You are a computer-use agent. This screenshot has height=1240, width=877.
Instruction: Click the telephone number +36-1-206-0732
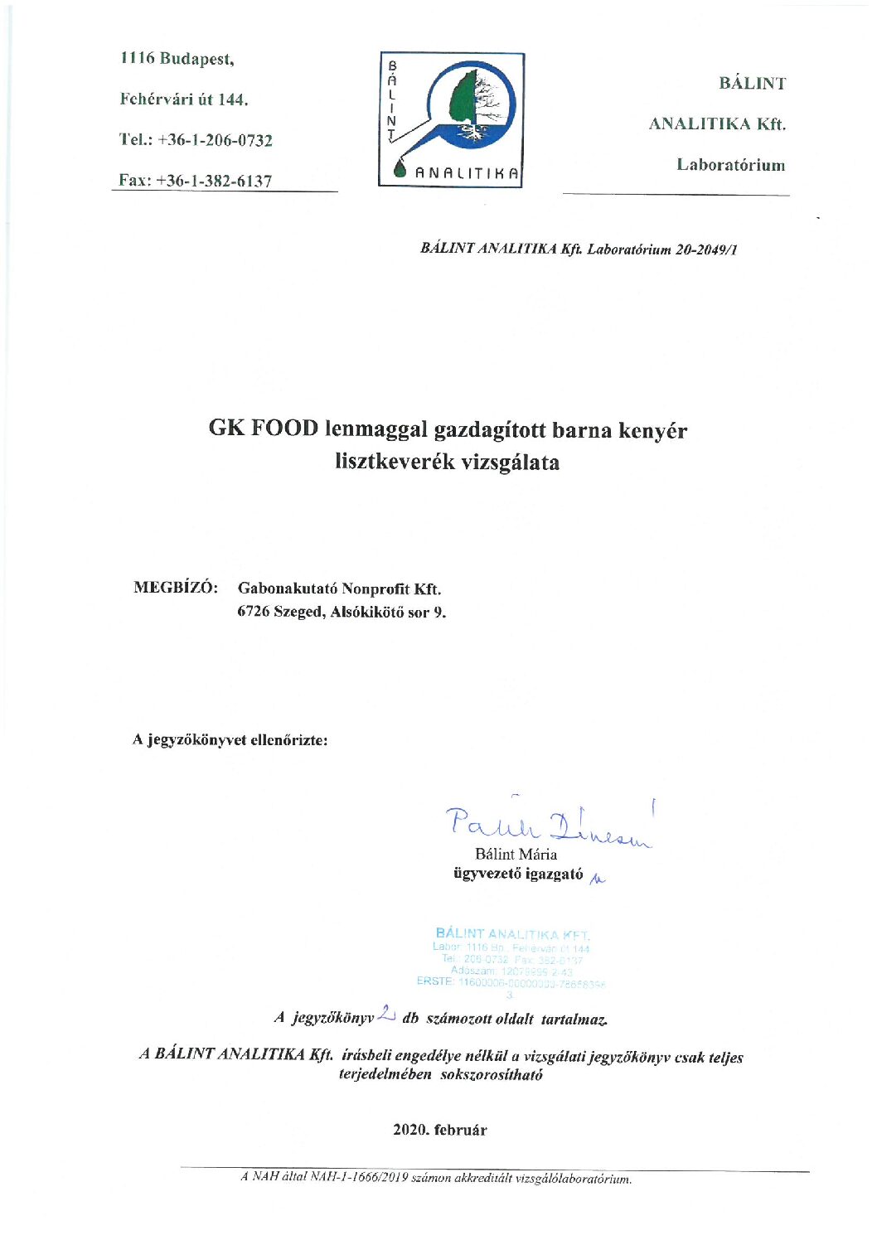point(215,140)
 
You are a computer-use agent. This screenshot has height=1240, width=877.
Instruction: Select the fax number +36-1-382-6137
point(214,181)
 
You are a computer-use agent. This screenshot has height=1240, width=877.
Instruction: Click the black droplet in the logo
point(401,168)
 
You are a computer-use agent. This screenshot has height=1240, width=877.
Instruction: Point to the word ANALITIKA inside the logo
point(467,173)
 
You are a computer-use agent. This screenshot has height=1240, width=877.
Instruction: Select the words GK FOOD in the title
point(263,429)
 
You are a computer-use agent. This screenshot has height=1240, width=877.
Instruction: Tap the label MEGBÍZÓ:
point(176,588)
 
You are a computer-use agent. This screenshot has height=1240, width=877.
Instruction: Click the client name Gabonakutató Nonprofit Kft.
point(339,589)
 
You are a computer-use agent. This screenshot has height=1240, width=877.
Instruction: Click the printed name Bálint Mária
point(516,854)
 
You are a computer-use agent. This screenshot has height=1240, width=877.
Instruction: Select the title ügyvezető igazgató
point(518,874)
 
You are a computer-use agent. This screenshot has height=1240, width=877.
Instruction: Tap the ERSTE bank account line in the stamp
point(511,982)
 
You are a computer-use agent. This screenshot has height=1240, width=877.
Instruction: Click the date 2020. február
point(439,1130)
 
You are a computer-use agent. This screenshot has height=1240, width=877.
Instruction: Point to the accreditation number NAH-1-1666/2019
point(357,1178)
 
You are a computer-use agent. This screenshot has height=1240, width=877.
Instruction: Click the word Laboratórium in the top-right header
point(730,164)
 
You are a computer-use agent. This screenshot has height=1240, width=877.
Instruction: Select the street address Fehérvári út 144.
point(183,99)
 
